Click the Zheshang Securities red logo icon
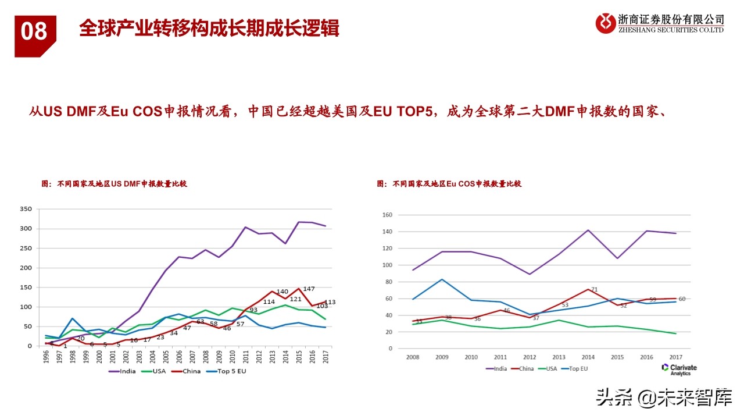(x=606, y=23)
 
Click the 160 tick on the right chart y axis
(x=387, y=215)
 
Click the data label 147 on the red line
(x=309, y=289)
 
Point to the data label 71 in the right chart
(x=594, y=290)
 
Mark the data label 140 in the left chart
(x=282, y=292)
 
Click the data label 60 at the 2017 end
(x=681, y=299)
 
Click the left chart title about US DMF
(x=115, y=184)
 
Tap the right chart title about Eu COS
(x=449, y=184)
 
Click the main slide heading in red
(x=209, y=29)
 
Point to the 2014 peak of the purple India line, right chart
(x=588, y=230)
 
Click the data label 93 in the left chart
(x=253, y=310)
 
